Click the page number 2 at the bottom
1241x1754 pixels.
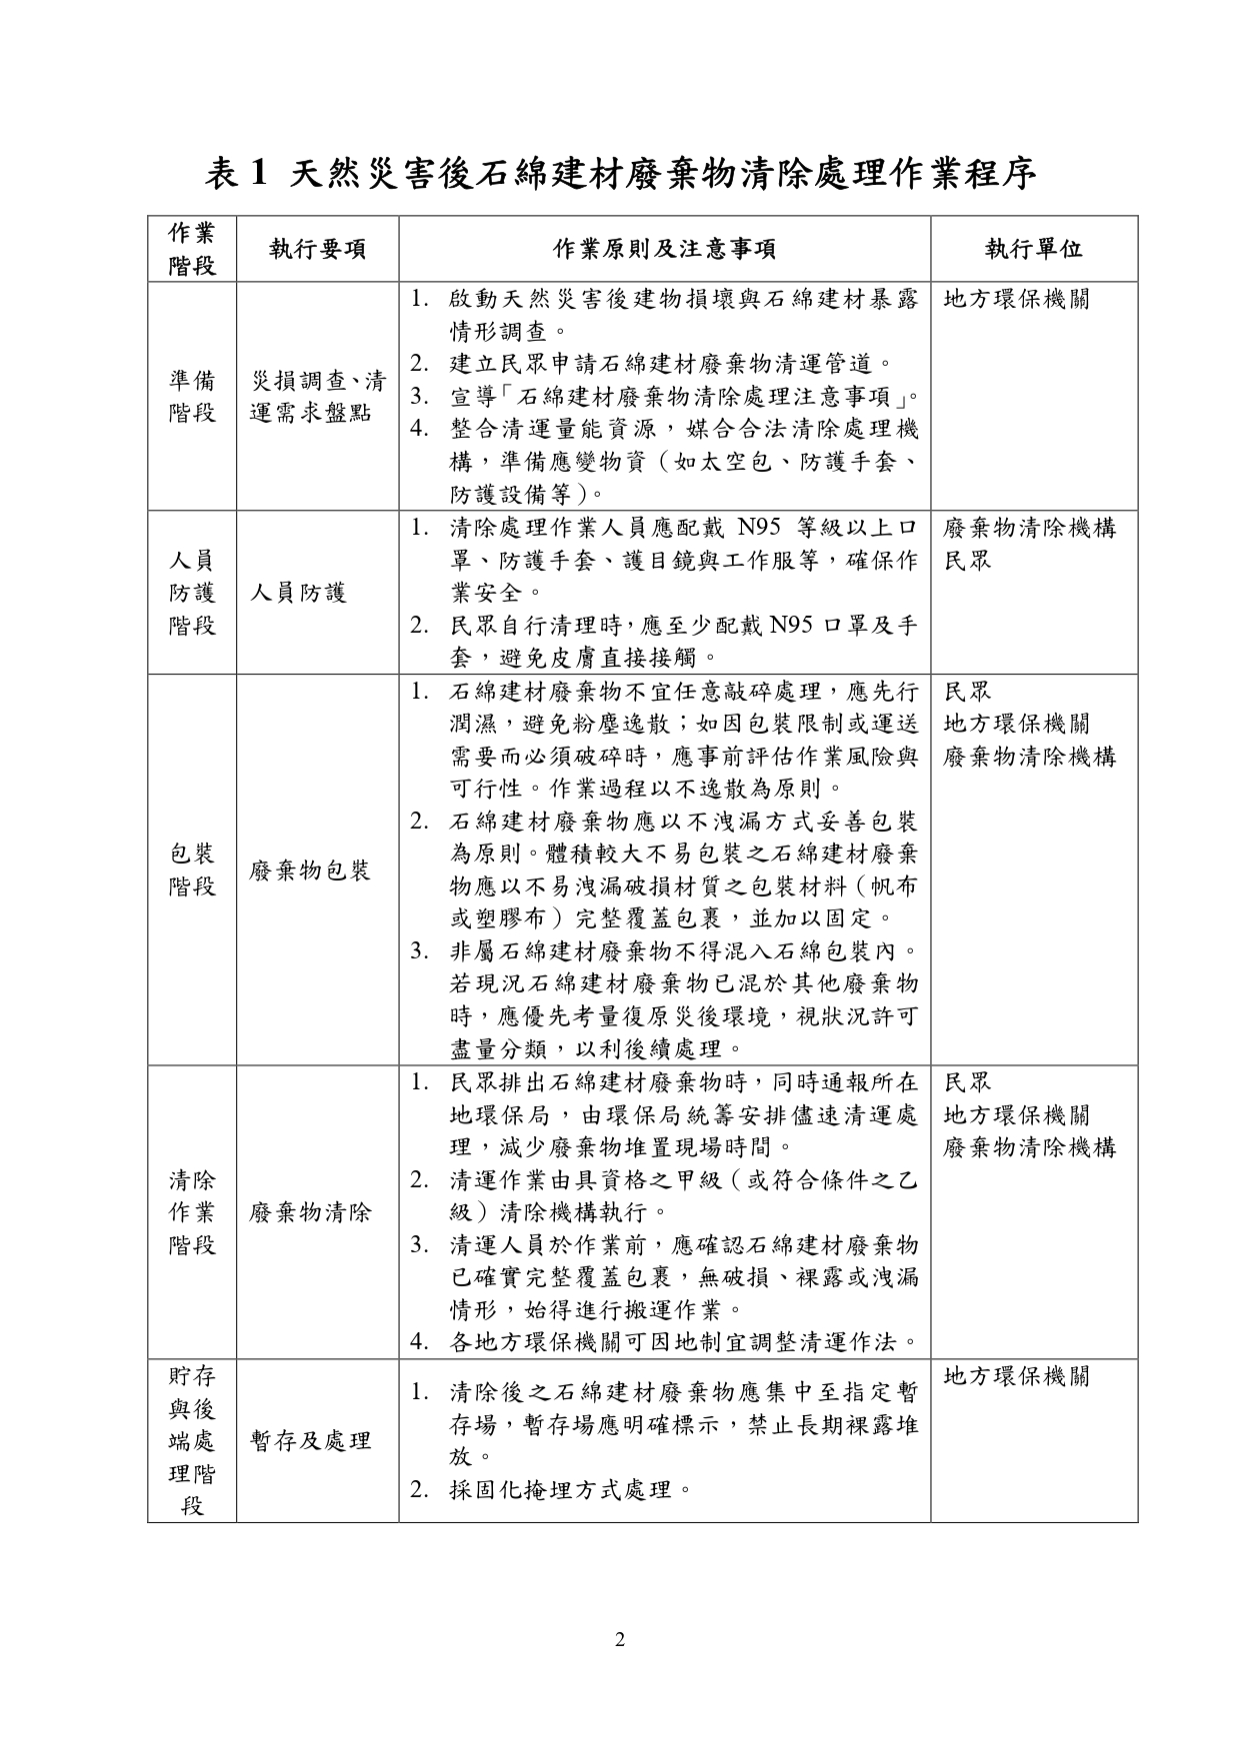620,1639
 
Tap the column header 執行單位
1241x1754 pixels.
1034,249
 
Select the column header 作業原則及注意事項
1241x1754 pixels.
665,249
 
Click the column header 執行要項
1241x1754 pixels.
318,249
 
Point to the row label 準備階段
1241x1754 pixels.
192,396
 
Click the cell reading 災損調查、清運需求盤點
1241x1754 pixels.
318,396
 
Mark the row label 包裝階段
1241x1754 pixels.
192,870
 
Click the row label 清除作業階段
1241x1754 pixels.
192,1212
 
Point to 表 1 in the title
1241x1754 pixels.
237,174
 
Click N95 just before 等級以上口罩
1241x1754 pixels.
765,528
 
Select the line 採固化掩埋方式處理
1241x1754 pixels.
572,1490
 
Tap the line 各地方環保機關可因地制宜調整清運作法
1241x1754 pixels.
684,1341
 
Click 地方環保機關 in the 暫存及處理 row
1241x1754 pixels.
1017,1376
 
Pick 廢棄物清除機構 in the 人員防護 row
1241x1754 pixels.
1030,528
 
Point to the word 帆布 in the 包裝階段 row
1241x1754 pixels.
894,885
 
